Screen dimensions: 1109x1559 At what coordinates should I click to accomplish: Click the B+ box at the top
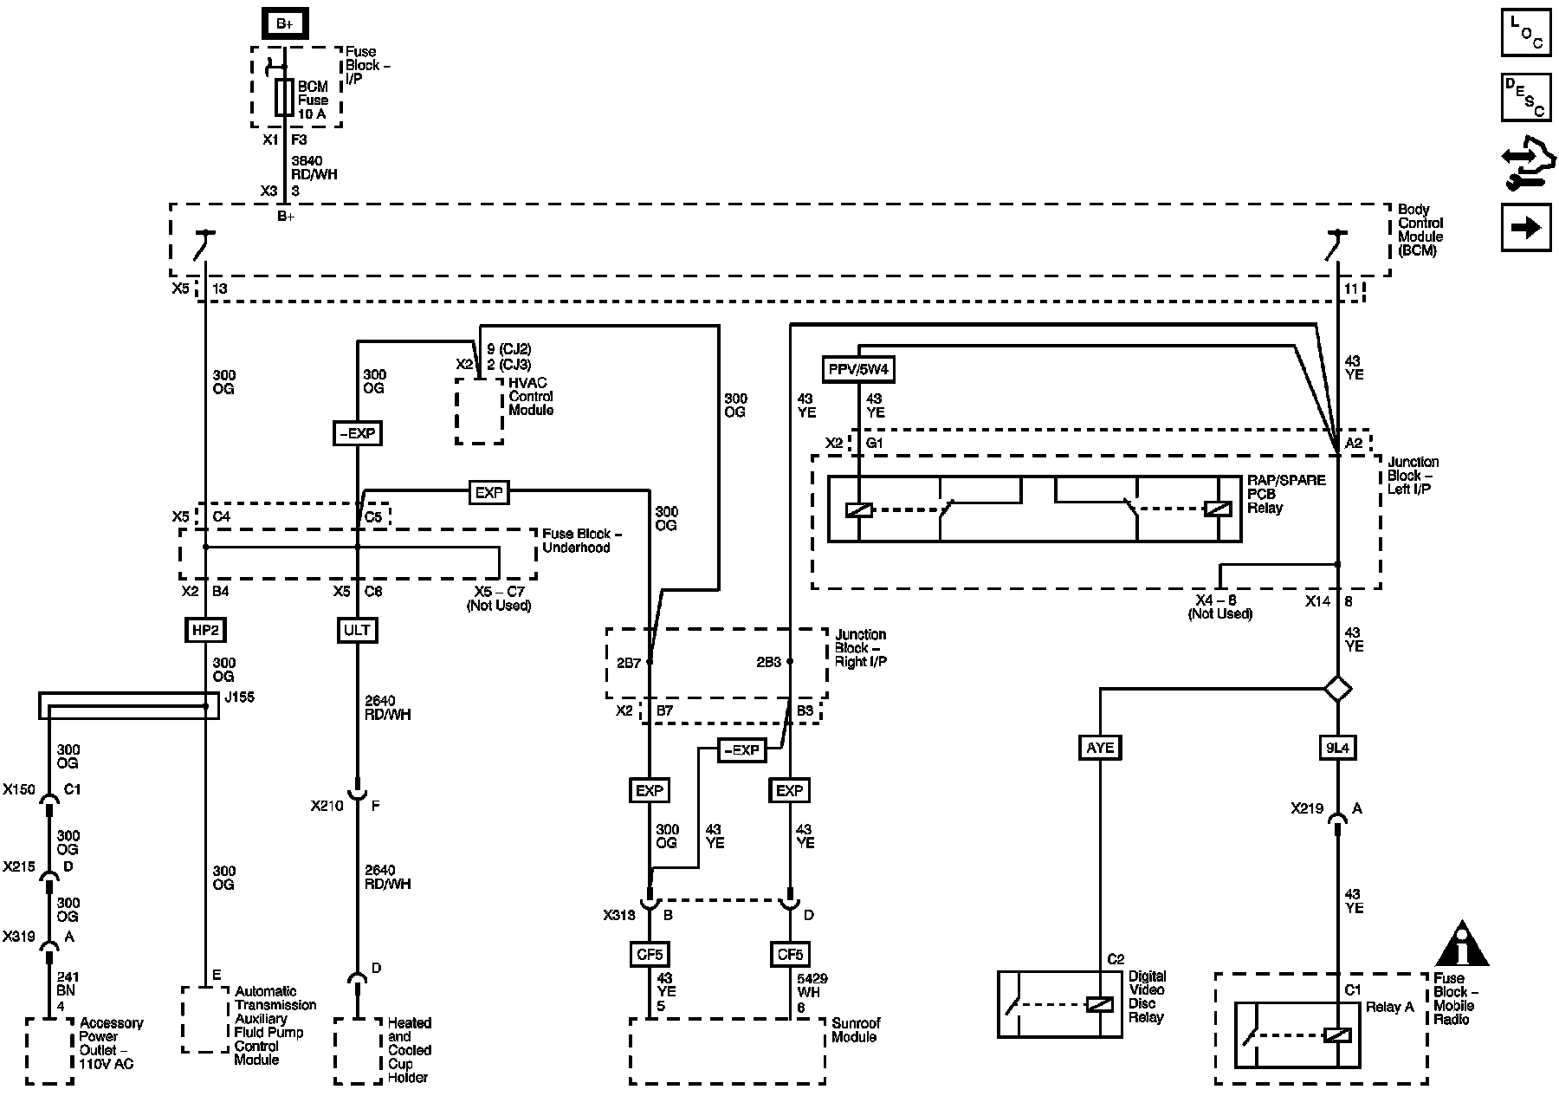pos(285,23)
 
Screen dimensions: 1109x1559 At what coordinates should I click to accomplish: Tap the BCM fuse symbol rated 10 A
pos(284,98)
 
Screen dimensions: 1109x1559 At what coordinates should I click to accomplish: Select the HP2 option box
pos(205,630)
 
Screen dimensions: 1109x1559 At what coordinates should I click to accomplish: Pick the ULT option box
pos(357,630)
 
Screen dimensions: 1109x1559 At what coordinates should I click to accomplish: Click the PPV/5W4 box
pos(858,370)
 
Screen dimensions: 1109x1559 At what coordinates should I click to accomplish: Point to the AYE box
pos(1100,748)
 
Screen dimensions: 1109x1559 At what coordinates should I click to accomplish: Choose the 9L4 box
pos(1337,748)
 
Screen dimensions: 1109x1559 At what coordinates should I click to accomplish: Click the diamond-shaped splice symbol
pos(1338,690)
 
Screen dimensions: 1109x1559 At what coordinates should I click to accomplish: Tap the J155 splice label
pos(238,697)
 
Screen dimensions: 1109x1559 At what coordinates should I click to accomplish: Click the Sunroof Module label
pos(856,1030)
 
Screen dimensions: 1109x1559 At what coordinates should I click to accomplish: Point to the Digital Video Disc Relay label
pos(1147,996)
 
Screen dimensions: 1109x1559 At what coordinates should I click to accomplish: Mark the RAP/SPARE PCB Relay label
pos(1286,494)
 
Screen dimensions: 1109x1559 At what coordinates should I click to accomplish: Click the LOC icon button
pos(1525,32)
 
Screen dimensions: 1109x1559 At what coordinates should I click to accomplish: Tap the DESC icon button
pos(1525,97)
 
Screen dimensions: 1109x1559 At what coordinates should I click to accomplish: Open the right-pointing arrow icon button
pos(1525,228)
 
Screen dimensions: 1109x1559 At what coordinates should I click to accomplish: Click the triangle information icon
pos(1461,944)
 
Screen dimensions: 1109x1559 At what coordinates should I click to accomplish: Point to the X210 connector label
pos(327,806)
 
